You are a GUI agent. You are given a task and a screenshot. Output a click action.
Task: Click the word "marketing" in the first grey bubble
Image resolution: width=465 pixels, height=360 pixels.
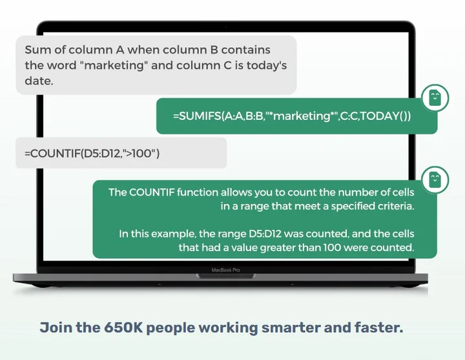click(x=114, y=65)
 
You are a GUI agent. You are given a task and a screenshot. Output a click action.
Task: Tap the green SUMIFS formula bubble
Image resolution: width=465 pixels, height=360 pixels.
click(x=296, y=116)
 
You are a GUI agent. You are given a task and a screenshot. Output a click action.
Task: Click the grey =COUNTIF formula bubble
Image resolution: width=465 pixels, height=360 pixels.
click(x=121, y=153)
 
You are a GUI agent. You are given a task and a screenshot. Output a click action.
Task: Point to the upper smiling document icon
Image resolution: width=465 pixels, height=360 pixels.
click(x=435, y=98)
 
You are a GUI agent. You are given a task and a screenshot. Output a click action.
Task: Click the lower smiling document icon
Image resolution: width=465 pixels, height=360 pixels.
click(x=435, y=180)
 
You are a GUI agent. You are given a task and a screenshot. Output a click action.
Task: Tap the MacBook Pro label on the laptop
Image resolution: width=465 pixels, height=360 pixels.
click(x=225, y=270)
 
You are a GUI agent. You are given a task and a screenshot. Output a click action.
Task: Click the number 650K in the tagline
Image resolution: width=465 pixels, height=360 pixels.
click(x=123, y=327)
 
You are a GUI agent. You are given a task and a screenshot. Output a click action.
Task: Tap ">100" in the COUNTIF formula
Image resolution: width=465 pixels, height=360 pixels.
click(x=139, y=153)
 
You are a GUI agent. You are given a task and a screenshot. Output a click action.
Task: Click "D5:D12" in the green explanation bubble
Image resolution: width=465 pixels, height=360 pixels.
click(x=265, y=234)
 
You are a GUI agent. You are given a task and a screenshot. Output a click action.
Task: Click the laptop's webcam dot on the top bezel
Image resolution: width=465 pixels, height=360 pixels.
click(x=225, y=27)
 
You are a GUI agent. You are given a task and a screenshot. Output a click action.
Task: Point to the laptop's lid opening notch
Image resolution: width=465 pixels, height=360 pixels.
click(x=225, y=276)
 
